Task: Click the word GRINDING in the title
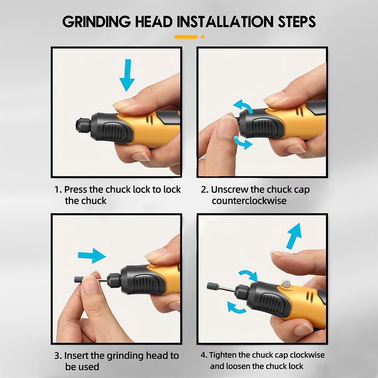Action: tap(96, 22)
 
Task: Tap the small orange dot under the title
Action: tap(203, 37)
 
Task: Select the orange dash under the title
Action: tap(186, 37)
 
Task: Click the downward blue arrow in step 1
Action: tap(127, 75)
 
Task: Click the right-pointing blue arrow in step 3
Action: tap(92, 256)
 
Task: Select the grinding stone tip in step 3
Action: tap(78, 280)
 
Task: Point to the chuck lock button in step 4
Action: tap(286, 284)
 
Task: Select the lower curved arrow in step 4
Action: tap(237, 308)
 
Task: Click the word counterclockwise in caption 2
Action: tap(249, 201)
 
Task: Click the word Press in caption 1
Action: tap(75, 189)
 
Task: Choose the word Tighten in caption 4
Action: tap(223, 355)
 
